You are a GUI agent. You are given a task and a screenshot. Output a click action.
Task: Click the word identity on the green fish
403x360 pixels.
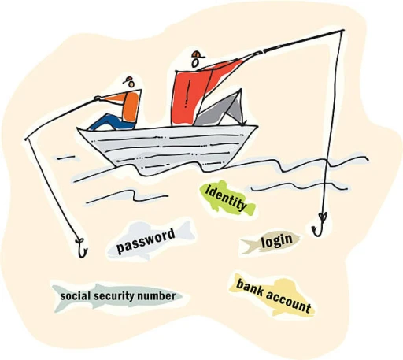(x=226, y=198)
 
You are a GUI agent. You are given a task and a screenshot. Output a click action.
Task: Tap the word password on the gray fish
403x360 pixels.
(x=146, y=241)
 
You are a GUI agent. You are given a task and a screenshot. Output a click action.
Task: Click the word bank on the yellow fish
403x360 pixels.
(x=250, y=288)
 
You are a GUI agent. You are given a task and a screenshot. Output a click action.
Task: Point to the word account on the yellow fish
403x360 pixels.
(x=289, y=302)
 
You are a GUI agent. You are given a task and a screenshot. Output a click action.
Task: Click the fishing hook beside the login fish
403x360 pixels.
(x=319, y=224)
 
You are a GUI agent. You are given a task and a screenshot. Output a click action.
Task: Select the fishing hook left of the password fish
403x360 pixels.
(x=81, y=248)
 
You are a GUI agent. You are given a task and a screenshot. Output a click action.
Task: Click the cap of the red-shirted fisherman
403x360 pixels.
(x=198, y=54)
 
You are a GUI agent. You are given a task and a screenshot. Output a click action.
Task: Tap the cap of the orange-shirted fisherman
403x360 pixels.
(x=128, y=80)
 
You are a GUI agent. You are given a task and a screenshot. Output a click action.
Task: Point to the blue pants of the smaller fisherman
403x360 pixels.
(x=110, y=122)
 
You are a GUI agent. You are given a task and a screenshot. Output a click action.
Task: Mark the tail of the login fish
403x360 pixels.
(x=247, y=246)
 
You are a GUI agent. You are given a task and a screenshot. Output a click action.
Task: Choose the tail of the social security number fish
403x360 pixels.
(x=60, y=299)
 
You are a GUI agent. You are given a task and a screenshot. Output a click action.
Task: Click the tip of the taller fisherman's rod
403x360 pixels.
(x=343, y=30)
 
